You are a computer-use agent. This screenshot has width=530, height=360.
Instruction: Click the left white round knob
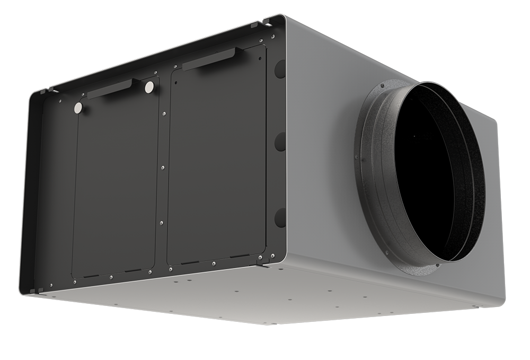(x=78, y=108)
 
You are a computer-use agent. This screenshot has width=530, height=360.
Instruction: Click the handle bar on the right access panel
(x=208, y=59)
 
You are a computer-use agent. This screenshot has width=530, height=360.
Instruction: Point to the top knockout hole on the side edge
(x=280, y=69)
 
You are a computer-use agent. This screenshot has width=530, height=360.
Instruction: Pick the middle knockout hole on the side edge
(x=280, y=142)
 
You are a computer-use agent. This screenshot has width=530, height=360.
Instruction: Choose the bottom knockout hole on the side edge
(x=280, y=217)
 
